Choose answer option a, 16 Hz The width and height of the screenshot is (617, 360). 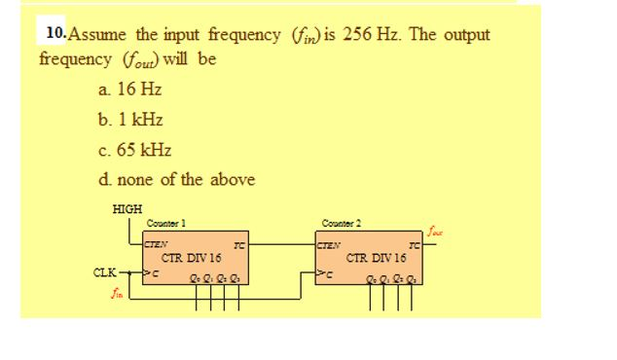(130, 90)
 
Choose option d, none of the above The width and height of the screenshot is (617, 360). (176, 180)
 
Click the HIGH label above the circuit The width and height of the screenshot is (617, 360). (127, 209)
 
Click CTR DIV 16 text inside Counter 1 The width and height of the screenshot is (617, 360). (192, 258)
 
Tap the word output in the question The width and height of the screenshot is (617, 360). (466, 35)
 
